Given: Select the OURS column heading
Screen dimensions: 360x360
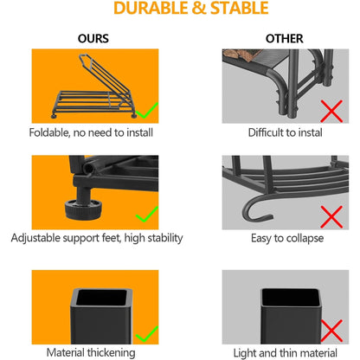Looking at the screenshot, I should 93,39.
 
